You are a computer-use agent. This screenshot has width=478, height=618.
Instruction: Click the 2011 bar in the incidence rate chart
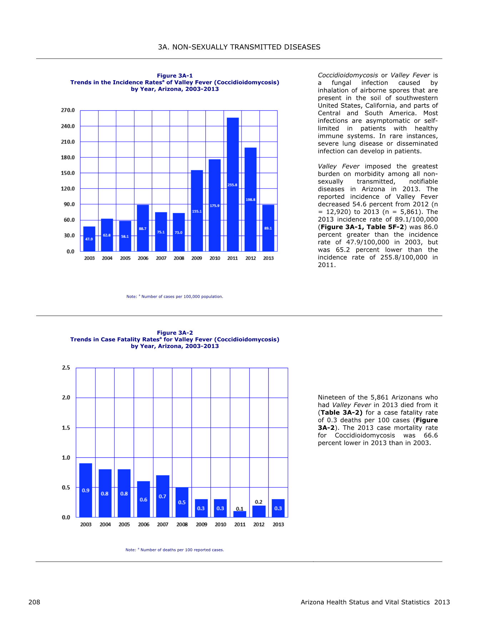(x=233, y=184)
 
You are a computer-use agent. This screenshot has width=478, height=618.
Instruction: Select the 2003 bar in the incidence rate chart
(x=89, y=239)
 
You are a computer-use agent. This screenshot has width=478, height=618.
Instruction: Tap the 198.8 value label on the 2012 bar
(x=250, y=200)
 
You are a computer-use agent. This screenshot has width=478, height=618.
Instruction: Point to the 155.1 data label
(x=197, y=211)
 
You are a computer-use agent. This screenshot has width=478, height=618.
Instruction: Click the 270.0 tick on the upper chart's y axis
(x=68, y=110)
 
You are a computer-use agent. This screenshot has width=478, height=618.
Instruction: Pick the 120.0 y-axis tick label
(x=68, y=189)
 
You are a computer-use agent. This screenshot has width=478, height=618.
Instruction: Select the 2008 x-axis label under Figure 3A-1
(x=179, y=258)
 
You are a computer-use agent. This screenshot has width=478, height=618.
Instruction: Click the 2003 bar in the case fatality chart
(x=86, y=490)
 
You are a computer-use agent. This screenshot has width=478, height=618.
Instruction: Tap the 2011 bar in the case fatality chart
(x=240, y=514)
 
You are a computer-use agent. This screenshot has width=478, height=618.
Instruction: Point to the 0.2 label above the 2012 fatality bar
(x=259, y=502)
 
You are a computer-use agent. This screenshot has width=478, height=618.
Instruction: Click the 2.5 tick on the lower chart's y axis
(x=66, y=368)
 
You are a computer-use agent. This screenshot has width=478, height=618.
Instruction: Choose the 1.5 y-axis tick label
(x=66, y=428)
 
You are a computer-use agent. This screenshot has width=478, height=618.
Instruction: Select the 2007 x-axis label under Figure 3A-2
(x=163, y=524)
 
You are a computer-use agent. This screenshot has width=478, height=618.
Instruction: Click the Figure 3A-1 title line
(x=175, y=76)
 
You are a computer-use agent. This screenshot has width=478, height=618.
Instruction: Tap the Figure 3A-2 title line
(x=175, y=333)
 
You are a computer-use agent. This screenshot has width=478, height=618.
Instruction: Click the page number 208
(x=34, y=602)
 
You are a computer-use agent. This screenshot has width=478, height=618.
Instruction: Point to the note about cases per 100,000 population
(x=175, y=296)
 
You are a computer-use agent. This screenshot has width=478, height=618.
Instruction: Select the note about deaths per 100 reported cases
(x=175, y=550)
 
